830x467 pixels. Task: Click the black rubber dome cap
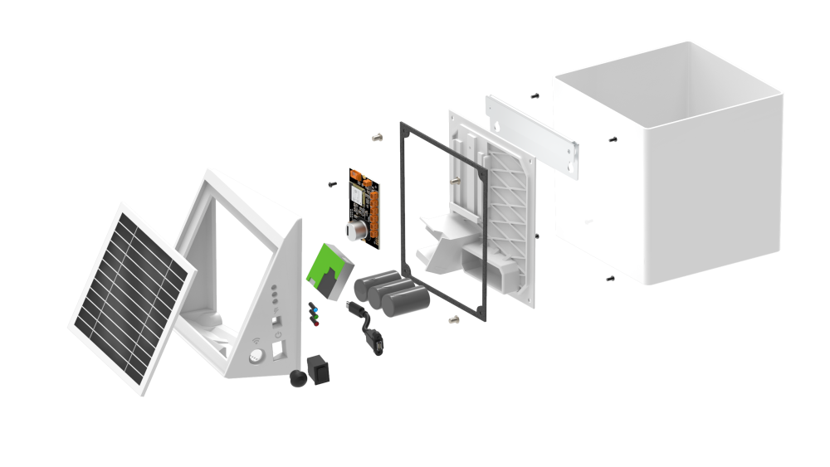[296, 380]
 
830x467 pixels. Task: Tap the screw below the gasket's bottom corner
[453, 319]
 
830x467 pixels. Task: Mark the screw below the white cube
[611, 279]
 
